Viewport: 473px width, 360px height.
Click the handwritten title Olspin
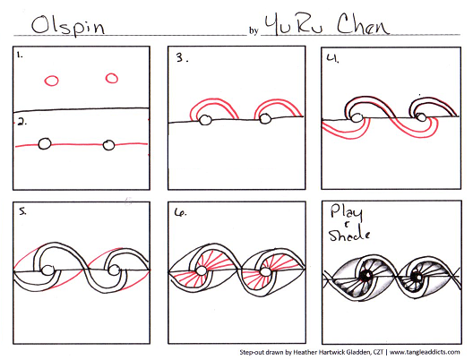point(68,26)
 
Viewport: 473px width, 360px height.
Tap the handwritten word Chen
point(363,24)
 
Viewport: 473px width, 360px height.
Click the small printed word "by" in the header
point(254,30)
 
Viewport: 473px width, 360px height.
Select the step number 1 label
point(20,55)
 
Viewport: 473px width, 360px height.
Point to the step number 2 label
point(22,122)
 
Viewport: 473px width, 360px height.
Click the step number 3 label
point(182,57)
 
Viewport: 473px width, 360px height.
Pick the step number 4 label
point(332,58)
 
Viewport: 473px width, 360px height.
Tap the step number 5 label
point(22,211)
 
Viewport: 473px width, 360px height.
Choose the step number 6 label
point(180,212)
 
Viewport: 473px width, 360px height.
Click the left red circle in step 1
point(52,81)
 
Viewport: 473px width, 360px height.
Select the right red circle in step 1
point(112,78)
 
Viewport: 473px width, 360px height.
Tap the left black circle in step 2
point(45,144)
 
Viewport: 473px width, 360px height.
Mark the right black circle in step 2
point(108,145)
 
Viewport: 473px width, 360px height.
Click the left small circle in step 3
point(205,120)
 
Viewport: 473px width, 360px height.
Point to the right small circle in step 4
point(421,117)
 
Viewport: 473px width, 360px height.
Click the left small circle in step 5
point(47,270)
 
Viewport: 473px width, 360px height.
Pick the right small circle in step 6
point(265,272)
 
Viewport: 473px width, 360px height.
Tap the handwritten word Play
point(347,212)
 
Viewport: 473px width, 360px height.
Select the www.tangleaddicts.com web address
point(425,352)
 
